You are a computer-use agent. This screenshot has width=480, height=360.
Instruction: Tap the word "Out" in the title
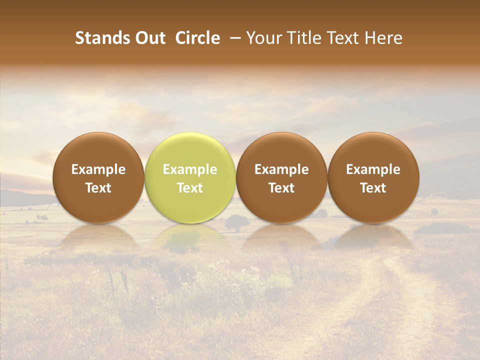point(150,38)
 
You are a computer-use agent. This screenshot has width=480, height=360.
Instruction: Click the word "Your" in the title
point(264,38)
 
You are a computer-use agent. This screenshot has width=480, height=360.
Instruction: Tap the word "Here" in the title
point(382,38)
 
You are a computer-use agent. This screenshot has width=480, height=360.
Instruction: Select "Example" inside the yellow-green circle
point(190,169)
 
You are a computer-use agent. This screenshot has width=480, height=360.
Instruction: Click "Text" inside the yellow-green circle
point(190,188)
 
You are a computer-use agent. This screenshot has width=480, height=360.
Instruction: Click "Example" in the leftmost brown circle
point(98,169)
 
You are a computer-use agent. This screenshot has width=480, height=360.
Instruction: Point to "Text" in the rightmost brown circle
point(373,188)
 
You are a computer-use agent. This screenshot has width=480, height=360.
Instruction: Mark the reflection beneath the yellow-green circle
point(190,237)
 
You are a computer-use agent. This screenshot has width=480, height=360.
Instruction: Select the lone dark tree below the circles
point(236,222)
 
